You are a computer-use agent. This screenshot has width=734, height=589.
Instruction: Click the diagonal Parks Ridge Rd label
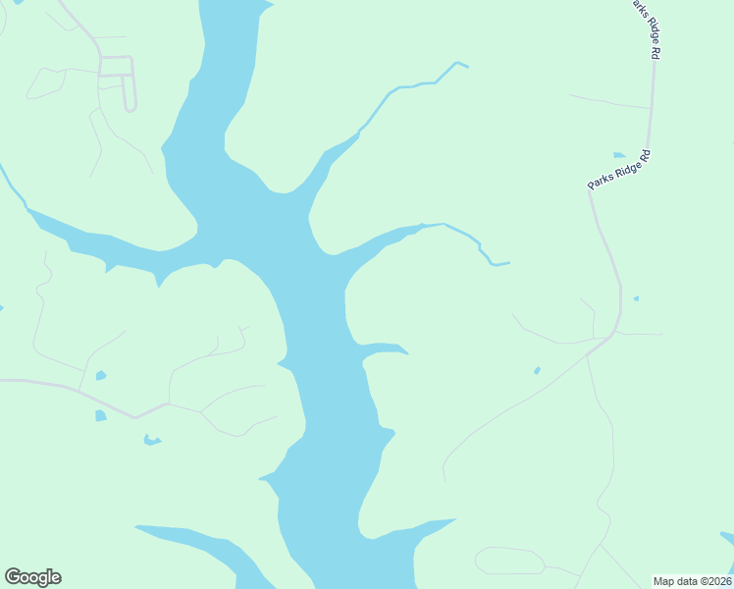(x=619, y=169)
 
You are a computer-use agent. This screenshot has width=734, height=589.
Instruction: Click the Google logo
(x=32, y=577)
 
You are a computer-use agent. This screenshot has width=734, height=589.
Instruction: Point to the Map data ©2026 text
(x=691, y=580)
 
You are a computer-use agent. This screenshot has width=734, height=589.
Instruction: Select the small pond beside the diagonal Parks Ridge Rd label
(x=619, y=155)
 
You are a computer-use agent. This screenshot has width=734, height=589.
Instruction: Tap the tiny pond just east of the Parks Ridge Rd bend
(x=637, y=298)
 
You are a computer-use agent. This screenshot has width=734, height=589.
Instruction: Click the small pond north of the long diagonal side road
(x=537, y=371)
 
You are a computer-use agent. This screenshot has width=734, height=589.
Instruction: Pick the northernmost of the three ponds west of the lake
(x=100, y=375)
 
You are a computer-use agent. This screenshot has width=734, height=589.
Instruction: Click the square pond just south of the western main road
(x=100, y=416)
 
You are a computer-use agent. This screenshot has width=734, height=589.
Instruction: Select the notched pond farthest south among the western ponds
(x=151, y=440)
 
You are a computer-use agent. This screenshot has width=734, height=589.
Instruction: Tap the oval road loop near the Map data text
(x=509, y=561)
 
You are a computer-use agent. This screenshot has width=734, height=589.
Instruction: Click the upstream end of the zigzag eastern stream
(x=508, y=263)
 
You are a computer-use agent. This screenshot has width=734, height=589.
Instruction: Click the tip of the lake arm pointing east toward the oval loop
(x=453, y=520)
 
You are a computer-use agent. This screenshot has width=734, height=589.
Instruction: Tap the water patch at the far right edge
(x=728, y=537)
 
